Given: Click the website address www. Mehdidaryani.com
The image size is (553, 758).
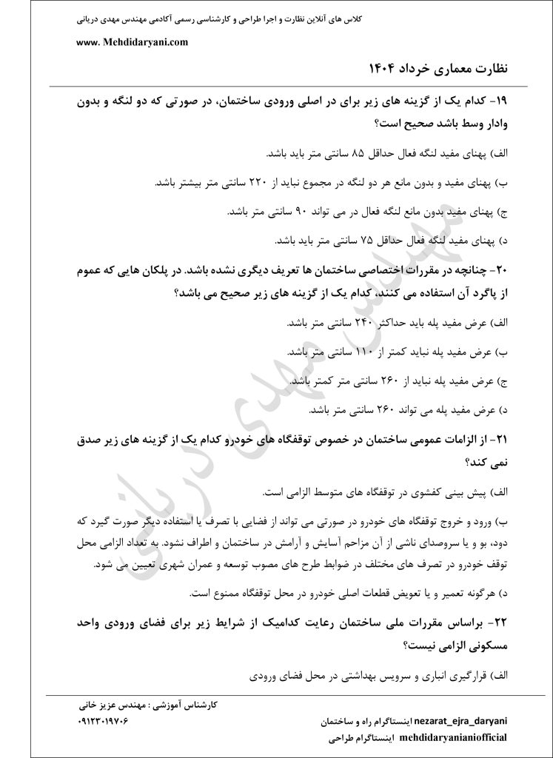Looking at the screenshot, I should click(132, 42).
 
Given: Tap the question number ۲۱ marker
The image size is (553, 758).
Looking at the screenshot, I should click(509, 441).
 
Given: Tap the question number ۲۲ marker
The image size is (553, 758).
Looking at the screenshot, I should click(509, 623).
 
